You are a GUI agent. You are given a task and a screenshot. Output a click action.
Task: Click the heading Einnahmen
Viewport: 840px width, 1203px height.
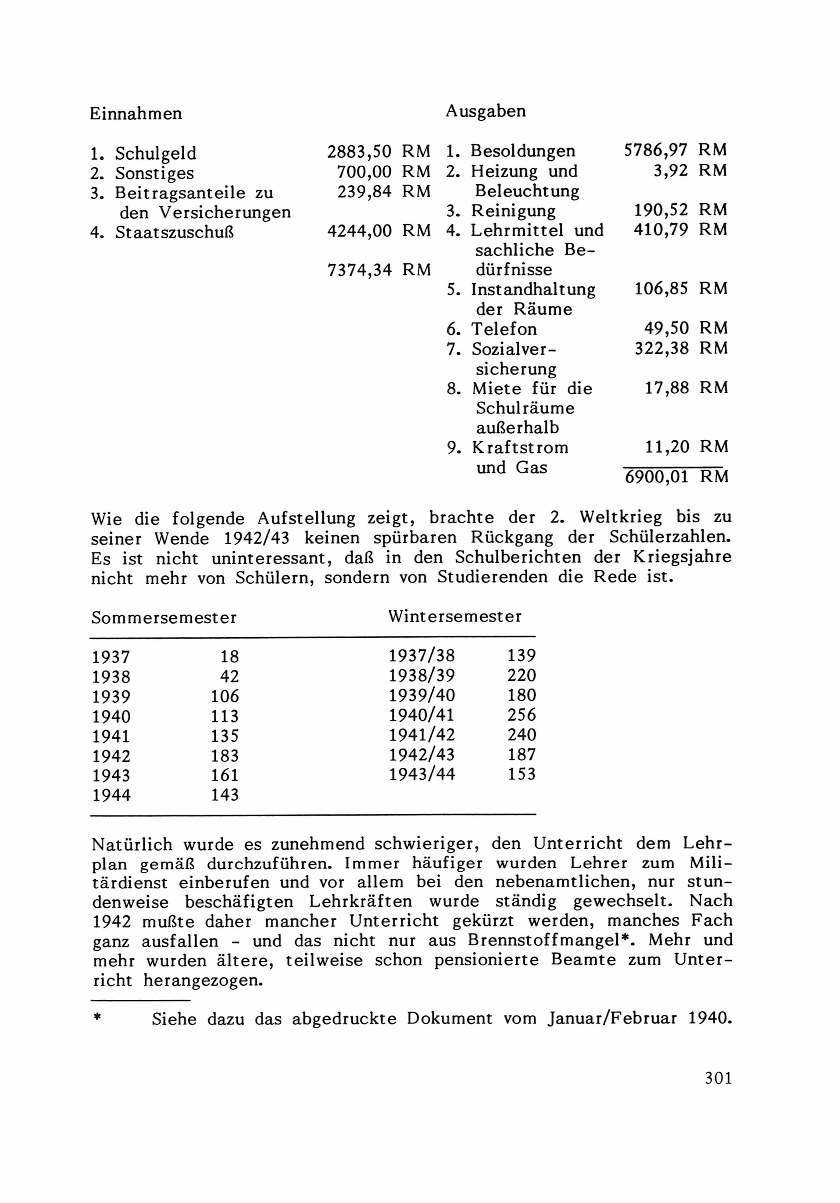pos(136,114)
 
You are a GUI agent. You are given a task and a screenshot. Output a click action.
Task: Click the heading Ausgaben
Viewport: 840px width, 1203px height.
pos(486,111)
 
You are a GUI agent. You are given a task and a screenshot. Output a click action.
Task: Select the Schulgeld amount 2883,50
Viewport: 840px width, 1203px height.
pos(359,152)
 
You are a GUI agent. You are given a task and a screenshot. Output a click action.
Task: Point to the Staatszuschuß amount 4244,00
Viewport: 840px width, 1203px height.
pos(359,231)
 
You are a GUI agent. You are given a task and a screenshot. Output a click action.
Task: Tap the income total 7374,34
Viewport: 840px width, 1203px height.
pos(359,270)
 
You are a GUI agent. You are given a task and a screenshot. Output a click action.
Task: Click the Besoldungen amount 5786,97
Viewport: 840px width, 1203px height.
pos(656,151)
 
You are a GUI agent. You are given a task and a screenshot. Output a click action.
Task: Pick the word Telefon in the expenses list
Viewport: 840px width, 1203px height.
pos(504,329)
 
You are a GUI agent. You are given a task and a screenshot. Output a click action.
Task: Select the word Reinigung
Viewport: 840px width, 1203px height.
pos(513,211)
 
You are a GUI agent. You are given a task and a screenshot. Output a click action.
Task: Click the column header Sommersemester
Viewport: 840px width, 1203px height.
pos(164,618)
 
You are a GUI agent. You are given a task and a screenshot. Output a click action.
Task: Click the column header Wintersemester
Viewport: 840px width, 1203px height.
pos(454,616)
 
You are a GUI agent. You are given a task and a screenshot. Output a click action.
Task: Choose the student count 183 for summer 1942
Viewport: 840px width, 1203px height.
pos(225,755)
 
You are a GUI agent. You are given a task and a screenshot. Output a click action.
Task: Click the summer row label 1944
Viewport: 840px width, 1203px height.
pos(111,795)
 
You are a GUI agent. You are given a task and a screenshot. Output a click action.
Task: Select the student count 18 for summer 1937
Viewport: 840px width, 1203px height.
pos(229,657)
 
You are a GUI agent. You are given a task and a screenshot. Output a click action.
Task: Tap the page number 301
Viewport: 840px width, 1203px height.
pos(718,1078)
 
